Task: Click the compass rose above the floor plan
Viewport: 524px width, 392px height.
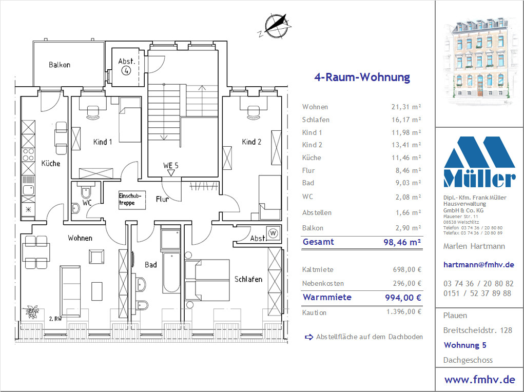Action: [277, 26]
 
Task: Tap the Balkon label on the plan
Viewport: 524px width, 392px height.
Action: [60, 65]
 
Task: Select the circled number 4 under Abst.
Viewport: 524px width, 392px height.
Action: [126, 70]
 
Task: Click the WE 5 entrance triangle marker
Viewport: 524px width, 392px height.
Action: [171, 173]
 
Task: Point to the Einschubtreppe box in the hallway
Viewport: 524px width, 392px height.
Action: [132, 200]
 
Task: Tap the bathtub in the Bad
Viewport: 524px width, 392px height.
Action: [171, 272]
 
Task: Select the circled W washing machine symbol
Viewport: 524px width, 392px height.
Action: [274, 233]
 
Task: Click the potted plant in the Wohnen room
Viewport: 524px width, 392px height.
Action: [32, 312]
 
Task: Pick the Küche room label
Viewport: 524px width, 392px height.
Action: [51, 163]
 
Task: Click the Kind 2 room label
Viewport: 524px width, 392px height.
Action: [251, 142]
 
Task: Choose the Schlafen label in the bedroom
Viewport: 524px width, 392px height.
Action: [248, 279]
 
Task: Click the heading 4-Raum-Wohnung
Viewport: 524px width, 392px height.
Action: [362, 77]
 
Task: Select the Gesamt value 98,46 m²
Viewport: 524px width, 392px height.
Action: [402, 242]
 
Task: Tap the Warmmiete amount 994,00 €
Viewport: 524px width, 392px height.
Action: [403, 298]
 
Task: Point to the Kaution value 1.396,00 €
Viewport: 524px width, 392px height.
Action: [404, 312]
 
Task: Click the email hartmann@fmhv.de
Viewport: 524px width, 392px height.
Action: [478, 265]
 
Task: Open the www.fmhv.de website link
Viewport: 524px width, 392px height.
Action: [479, 380]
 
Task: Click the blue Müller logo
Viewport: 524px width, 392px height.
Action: [479, 162]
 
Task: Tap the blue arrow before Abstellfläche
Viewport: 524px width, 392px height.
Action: [309, 337]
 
